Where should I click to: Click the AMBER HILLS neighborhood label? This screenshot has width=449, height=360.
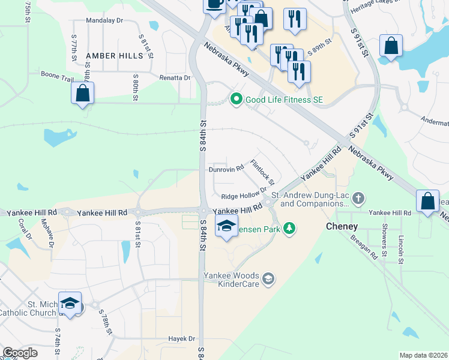(x=115, y=56)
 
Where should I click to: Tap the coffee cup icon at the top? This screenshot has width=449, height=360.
(x=214, y=4)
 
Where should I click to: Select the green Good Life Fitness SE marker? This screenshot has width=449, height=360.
(x=236, y=99)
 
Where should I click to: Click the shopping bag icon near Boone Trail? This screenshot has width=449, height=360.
(x=82, y=94)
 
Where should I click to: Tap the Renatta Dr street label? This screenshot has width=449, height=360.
(x=175, y=77)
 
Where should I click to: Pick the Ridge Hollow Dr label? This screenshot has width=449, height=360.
(x=243, y=196)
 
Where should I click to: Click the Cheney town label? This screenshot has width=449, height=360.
(x=342, y=226)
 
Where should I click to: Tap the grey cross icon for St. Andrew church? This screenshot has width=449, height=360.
(x=358, y=197)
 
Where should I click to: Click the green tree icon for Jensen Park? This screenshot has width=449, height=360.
(x=289, y=228)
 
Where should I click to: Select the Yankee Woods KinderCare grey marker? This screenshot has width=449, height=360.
(x=268, y=279)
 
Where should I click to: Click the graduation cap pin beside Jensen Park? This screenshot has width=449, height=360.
(x=226, y=226)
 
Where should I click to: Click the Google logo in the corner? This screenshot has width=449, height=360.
(x=20, y=353)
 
